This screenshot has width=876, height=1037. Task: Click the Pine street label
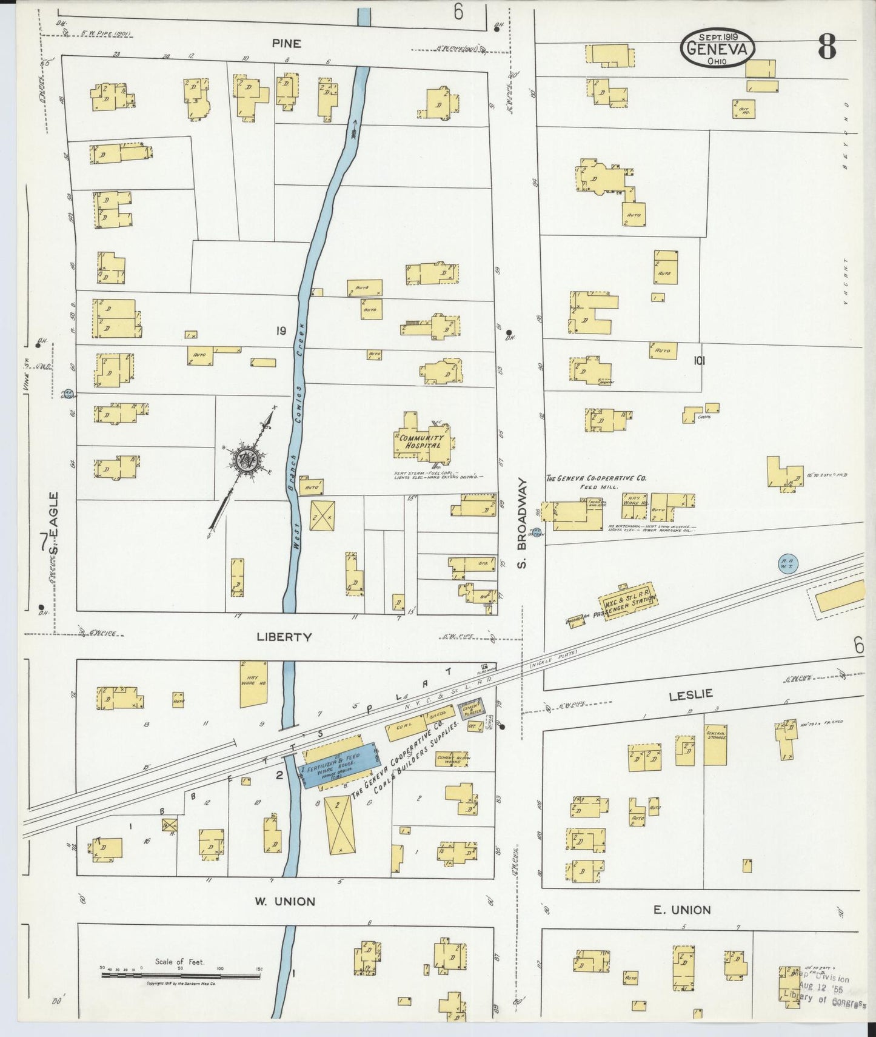(x=286, y=44)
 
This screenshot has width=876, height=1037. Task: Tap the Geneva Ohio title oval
(x=717, y=47)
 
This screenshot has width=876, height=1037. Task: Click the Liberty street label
(x=284, y=637)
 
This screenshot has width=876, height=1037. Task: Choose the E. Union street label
(x=682, y=909)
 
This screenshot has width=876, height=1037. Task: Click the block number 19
(x=279, y=331)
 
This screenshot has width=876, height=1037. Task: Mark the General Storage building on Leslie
(x=715, y=743)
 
